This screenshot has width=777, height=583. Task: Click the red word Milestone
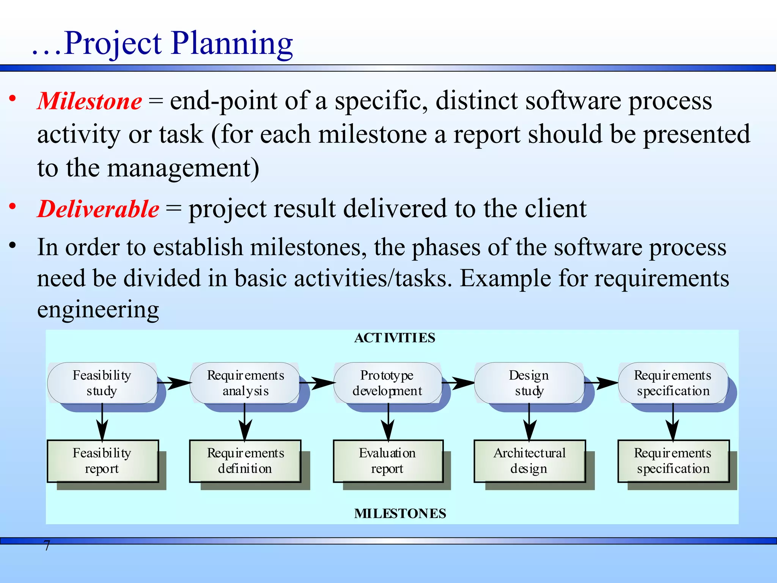(90, 101)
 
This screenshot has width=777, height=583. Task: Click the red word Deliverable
(98, 209)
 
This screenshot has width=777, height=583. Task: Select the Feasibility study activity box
(102, 383)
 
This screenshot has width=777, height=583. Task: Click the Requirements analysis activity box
(245, 383)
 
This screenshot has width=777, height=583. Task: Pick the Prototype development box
(387, 383)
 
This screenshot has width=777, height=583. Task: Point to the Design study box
(529, 383)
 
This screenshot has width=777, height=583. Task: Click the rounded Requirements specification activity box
(673, 383)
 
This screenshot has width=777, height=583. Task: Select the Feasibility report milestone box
(102, 461)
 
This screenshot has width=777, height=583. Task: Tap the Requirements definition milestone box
(245, 461)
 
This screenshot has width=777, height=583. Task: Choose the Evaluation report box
(388, 461)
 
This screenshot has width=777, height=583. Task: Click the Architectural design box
(529, 461)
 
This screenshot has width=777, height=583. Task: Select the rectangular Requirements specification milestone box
(673, 461)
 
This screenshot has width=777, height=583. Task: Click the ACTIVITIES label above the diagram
(395, 338)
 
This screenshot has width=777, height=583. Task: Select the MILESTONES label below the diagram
(400, 514)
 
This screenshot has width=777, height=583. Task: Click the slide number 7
(47, 546)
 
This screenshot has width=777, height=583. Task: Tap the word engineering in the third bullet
(98, 310)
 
